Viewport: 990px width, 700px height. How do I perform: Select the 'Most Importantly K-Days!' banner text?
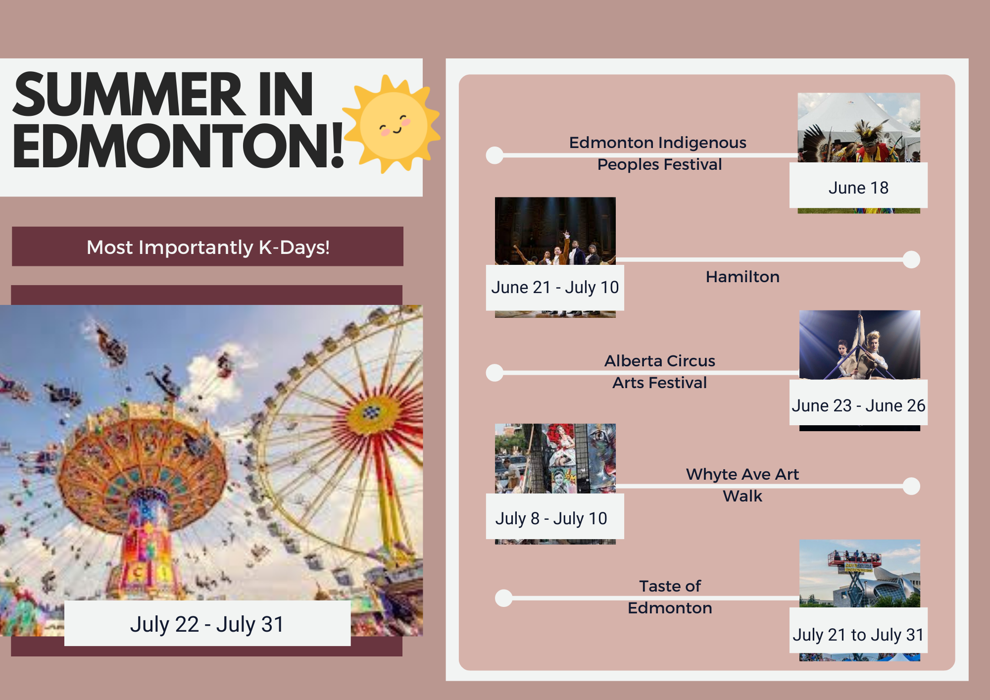[208, 247]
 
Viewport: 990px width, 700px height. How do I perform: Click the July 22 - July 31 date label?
[207, 624]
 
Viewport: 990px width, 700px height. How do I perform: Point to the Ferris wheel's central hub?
[371, 412]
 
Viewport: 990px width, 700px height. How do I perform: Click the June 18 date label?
[858, 188]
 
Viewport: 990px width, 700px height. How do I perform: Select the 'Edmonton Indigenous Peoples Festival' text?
[658, 153]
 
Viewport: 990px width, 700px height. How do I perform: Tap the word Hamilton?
[742, 277]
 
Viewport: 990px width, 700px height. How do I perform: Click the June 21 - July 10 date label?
[555, 287]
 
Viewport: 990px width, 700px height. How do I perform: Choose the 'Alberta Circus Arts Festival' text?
[660, 372]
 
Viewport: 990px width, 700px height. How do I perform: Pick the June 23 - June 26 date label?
[858, 405]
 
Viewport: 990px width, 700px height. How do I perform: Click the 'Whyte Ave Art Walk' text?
[742, 485]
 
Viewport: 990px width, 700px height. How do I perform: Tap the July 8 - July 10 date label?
[551, 518]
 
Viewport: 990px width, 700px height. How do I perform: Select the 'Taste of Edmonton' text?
[670, 597]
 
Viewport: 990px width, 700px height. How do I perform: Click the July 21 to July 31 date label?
[858, 635]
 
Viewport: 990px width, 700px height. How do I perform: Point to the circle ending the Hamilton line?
[911, 259]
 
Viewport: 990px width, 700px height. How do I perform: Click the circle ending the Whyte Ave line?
[911, 486]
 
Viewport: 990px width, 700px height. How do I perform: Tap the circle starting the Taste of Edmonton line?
[504, 598]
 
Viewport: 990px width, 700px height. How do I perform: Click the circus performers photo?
[860, 345]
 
